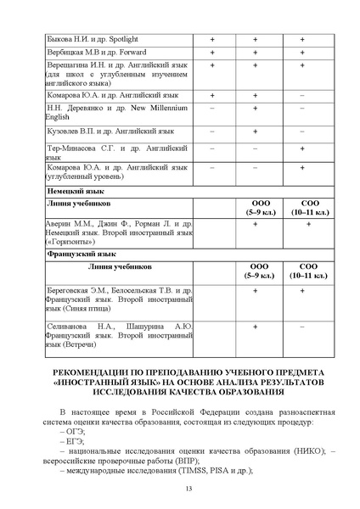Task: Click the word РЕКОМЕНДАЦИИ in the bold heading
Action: pos(92,373)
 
